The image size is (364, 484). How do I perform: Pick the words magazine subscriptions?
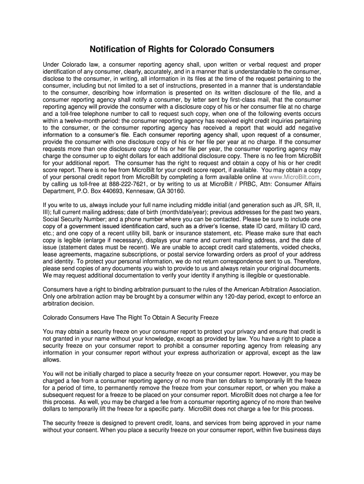coord(126,254)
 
